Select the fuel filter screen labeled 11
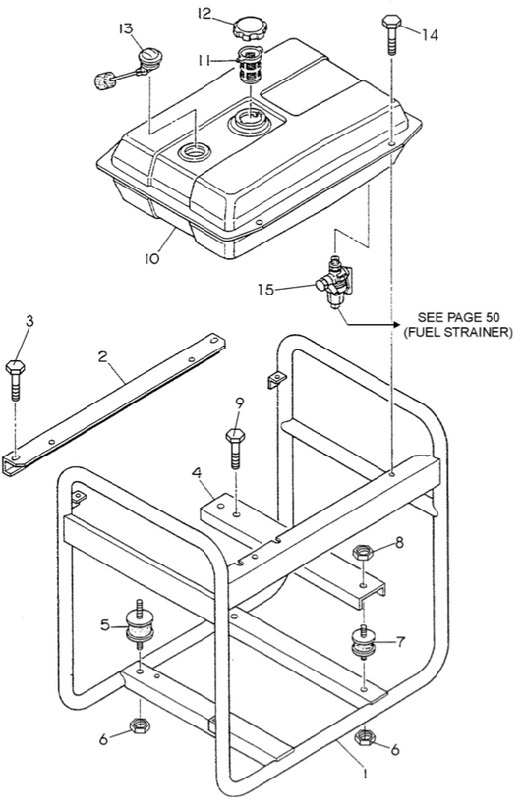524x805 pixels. click(251, 64)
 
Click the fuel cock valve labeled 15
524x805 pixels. click(333, 281)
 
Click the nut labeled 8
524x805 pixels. click(363, 553)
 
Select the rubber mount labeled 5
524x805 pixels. click(139, 623)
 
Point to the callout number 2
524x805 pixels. click(103, 356)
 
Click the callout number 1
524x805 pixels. click(365, 774)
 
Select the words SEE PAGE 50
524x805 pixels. click(458, 317)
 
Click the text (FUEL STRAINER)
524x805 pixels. click(458, 333)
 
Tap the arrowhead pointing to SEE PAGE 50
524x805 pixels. click(395, 325)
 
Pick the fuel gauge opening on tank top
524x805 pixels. click(194, 152)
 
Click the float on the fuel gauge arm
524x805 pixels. click(104, 80)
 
